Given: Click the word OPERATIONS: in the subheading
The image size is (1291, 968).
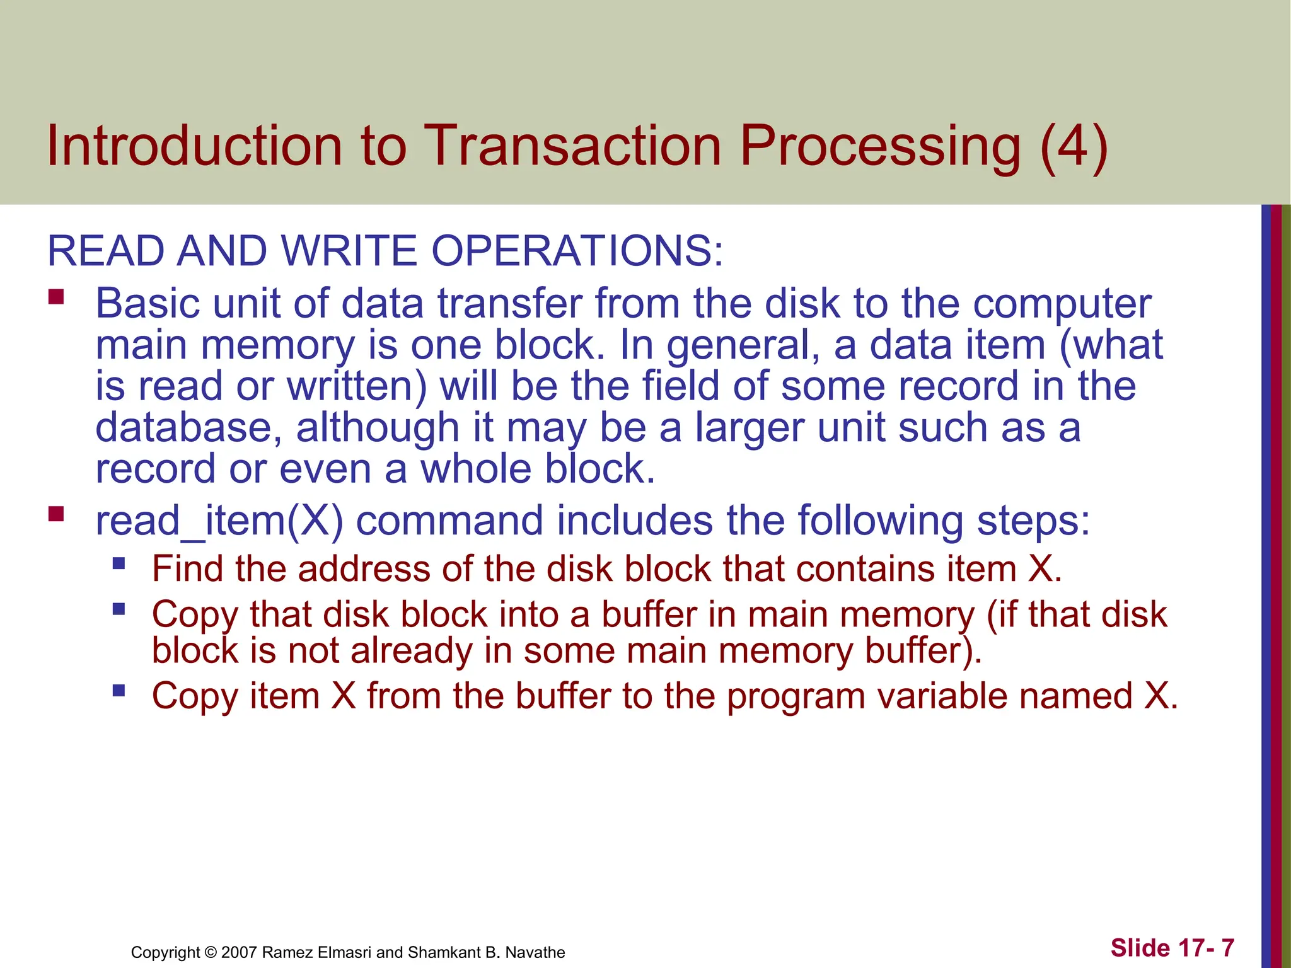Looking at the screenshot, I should pos(577,251).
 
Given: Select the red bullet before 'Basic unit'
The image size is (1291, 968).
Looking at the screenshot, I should pos(57,296).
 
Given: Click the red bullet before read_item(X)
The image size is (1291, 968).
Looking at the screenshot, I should pos(57,514).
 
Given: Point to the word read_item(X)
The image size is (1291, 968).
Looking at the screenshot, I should pos(219,522).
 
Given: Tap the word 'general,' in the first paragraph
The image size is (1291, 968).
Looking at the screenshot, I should pos(743,346).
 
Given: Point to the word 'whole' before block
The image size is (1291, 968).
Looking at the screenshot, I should pos(476,470).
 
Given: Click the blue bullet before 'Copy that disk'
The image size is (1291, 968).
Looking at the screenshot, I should pos(119,609).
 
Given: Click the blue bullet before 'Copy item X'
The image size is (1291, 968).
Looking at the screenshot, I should pos(119,691).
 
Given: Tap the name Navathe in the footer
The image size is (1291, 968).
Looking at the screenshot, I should pos(535,952).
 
